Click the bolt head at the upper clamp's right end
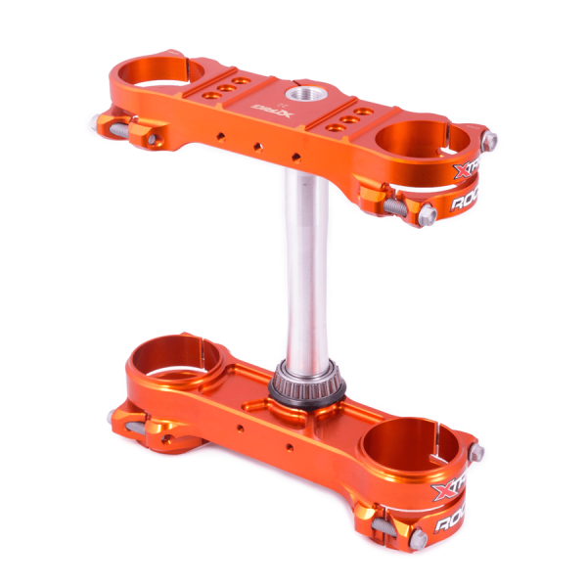489,139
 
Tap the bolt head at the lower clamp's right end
477,452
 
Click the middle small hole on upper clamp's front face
257,146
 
